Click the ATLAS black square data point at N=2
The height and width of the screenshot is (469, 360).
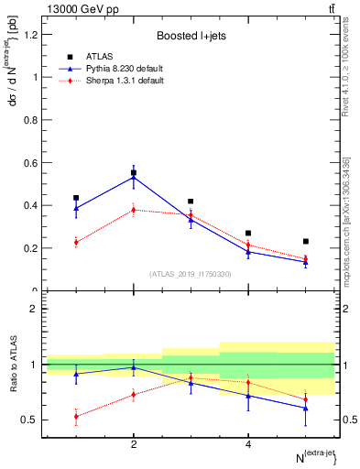click(134, 172)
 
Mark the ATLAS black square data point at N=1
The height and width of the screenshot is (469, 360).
click(76, 198)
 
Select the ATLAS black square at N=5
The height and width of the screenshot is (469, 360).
click(306, 241)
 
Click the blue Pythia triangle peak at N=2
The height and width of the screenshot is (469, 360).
click(134, 177)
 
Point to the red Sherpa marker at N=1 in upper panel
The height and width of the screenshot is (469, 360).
click(76, 243)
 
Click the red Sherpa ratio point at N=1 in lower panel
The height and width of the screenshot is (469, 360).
click(76, 416)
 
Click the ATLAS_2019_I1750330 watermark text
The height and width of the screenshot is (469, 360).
click(190, 273)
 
